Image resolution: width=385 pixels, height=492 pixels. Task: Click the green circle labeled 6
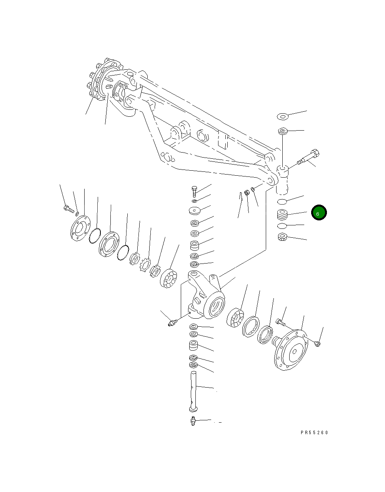319,213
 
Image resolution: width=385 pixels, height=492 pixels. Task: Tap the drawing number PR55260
314,433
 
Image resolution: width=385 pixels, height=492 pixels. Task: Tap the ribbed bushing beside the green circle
283,214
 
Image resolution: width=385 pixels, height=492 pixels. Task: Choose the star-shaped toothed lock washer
145,265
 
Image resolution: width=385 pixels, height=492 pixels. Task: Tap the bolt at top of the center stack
194,191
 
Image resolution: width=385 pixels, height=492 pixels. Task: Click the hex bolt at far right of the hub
317,343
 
